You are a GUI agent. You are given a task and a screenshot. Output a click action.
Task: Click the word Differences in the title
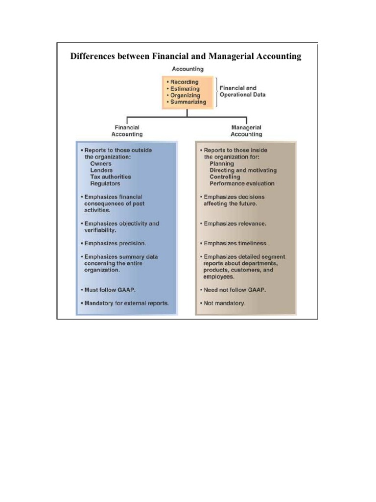93,56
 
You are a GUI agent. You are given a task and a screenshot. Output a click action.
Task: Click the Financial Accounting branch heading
127,131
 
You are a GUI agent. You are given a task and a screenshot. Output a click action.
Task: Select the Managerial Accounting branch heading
246,131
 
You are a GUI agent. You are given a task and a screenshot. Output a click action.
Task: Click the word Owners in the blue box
100,163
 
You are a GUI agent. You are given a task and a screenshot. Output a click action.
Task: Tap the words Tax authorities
111,176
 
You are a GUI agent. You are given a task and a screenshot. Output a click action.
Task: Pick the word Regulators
105,183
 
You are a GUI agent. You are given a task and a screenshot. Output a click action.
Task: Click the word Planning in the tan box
222,163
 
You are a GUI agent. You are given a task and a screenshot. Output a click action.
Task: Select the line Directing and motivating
243,170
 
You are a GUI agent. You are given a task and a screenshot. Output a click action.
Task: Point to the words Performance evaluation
242,183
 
